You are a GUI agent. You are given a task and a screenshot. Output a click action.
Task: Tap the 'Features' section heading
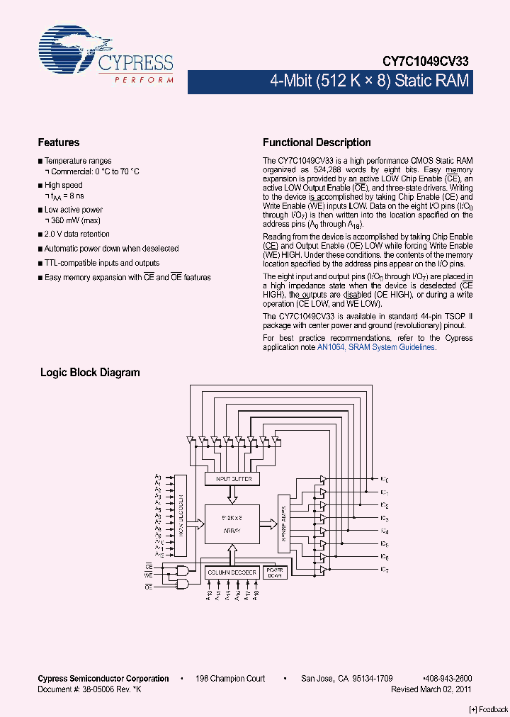click(58, 142)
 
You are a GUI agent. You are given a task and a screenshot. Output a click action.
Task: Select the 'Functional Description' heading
click(317, 142)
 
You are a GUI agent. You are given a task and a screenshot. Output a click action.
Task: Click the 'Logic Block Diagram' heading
click(90, 372)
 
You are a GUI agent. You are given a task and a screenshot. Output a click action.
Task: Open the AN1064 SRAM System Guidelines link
click(375, 347)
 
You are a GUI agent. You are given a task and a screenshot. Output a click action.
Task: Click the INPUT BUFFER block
click(232, 480)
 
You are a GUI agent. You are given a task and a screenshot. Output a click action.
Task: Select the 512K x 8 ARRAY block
click(232, 523)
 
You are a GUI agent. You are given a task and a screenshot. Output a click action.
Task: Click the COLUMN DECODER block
click(232, 572)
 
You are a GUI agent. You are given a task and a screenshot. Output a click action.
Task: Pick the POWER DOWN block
click(273, 572)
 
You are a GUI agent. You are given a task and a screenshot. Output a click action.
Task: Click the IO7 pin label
click(384, 570)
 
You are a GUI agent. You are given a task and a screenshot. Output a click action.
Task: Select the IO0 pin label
click(384, 480)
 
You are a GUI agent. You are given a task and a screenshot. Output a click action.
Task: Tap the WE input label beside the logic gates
click(149, 576)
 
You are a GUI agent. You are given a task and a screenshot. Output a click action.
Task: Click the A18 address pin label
click(256, 597)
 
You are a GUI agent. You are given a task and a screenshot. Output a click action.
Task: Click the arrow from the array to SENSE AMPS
click(270, 524)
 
